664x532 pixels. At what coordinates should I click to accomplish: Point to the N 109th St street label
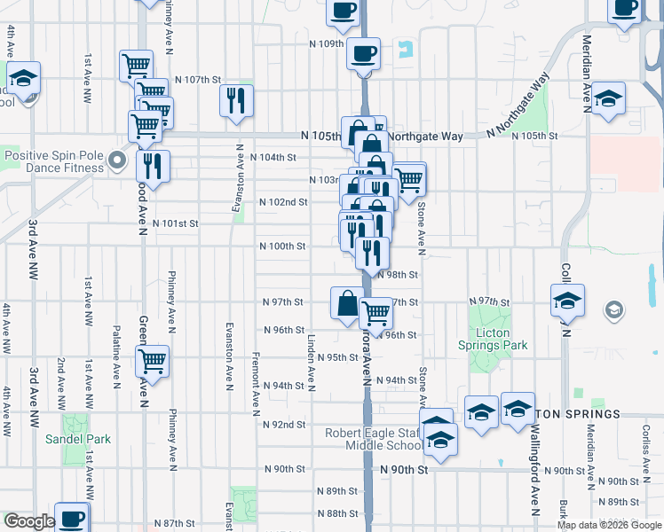[326, 43]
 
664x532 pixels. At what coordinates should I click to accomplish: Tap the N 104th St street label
[272, 157]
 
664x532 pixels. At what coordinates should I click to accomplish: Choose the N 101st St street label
[175, 223]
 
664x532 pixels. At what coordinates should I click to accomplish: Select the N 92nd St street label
[284, 425]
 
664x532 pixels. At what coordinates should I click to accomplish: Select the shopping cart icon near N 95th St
[152, 360]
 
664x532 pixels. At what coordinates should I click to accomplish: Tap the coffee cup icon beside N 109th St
[363, 53]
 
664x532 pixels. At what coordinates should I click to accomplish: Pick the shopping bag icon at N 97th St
[345, 302]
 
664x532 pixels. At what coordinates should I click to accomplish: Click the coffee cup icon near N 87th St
[72, 518]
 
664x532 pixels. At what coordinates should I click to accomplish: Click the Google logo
[29, 521]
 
